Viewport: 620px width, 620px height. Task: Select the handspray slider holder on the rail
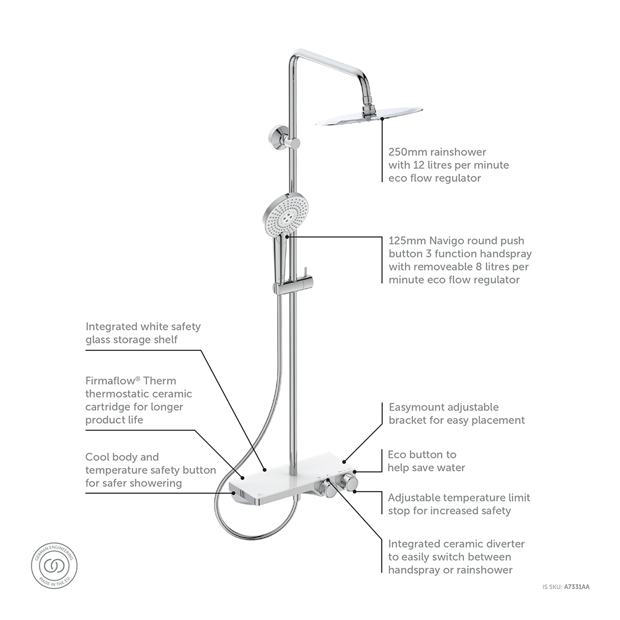(x=291, y=286)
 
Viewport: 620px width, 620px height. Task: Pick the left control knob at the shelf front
(x=324, y=489)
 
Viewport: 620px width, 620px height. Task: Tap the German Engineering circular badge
(x=55, y=565)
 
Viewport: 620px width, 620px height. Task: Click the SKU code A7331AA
(x=577, y=587)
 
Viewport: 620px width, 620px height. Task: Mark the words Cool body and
(x=122, y=457)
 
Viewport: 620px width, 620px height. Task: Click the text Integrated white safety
(x=143, y=326)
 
